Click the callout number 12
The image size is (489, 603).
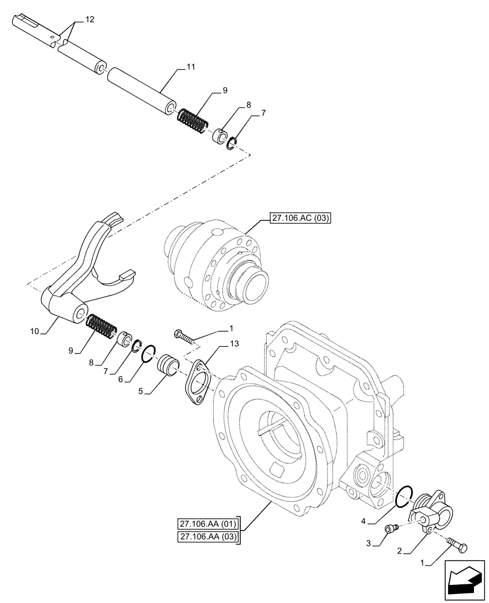90,20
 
